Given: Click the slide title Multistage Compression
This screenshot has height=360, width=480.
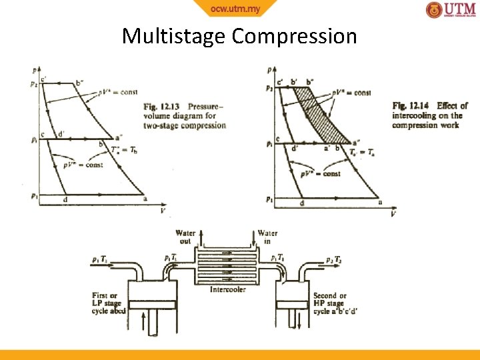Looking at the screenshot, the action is click(x=239, y=35).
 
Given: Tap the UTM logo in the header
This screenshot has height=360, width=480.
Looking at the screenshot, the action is click(x=451, y=10).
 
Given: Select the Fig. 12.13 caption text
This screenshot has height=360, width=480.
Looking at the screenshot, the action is click(x=185, y=115).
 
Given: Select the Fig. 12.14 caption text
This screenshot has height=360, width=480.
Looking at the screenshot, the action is click(x=430, y=115).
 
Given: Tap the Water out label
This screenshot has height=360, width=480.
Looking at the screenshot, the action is click(x=185, y=237).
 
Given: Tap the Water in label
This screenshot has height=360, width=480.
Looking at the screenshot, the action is click(x=267, y=237).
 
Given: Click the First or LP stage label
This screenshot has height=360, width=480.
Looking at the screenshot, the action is click(x=109, y=303).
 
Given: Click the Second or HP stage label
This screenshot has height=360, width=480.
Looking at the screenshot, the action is click(x=329, y=303).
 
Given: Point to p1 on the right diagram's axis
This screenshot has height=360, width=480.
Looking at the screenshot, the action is click(x=269, y=199).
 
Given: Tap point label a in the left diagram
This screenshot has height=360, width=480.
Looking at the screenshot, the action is click(x=145, y=198).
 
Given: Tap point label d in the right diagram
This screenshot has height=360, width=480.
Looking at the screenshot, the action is click(x=302, y=203).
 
